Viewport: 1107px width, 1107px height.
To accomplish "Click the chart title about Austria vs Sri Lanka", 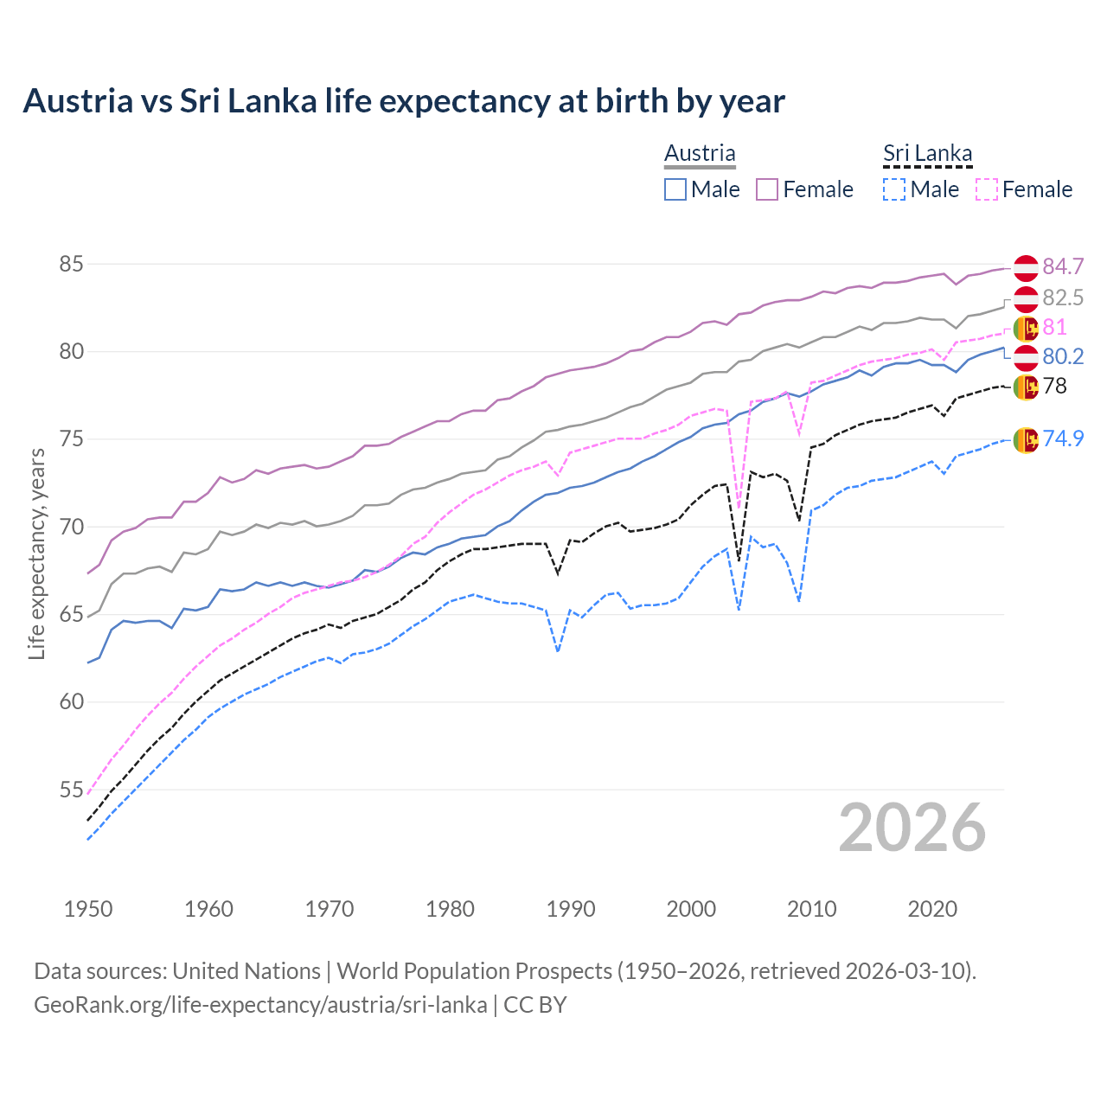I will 403,101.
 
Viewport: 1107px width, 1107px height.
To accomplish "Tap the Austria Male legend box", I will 675,189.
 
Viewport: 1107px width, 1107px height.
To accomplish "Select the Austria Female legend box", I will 767,189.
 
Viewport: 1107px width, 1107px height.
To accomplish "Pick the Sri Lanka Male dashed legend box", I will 894,189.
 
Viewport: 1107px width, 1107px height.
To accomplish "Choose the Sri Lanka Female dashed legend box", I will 987,189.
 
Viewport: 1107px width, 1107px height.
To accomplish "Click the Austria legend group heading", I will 700,153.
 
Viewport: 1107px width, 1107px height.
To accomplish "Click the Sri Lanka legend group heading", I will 927,153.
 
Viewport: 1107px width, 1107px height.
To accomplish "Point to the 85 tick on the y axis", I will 71,264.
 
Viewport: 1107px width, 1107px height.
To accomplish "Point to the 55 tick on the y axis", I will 71,790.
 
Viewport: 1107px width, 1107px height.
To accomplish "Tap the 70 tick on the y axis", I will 71,527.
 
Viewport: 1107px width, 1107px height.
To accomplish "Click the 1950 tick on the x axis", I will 88,909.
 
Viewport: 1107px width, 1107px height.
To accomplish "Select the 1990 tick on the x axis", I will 571,909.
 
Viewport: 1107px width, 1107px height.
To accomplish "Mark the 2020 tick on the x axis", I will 932,909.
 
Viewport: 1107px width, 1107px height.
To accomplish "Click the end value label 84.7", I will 1063,266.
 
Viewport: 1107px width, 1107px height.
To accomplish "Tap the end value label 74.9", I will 1063,438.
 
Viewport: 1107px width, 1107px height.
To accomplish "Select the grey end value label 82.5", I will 1063,298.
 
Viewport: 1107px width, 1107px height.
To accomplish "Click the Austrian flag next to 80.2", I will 1026,357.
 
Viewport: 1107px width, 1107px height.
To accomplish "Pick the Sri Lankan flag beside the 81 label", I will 1026,328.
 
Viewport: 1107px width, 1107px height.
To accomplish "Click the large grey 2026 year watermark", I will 912,828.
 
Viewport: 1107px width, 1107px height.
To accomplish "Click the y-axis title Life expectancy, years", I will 36,553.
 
